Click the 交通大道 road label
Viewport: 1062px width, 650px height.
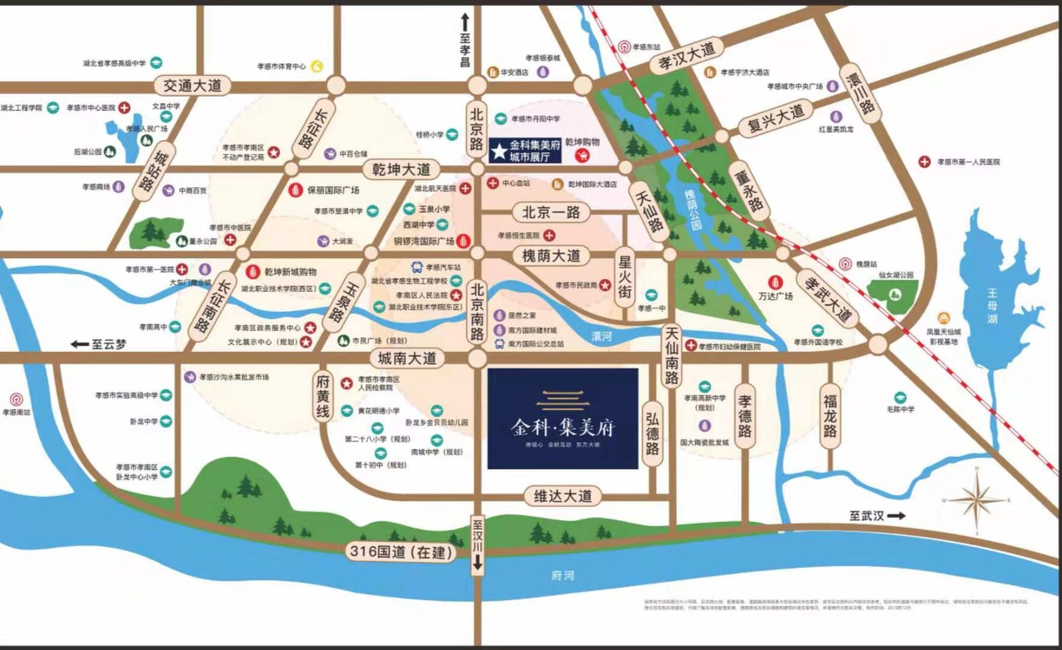[192, 86]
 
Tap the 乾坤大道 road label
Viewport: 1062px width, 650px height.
[401, 170]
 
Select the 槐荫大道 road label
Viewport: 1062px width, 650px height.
[551, 255]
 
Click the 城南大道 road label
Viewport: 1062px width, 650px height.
[407, 359]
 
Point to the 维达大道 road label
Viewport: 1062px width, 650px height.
[563, 496]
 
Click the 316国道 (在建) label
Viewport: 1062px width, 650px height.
[401, 552]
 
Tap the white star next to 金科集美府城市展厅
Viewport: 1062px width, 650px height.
[499, 151]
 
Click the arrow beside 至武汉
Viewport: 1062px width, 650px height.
[896, 515]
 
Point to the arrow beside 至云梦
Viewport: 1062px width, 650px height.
[80, 344]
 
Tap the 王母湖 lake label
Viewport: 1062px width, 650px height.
[992, 306]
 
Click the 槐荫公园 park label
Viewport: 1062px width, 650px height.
[693, 210]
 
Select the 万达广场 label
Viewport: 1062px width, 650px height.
[775, 296]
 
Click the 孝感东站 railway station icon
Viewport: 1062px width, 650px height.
[624, 47]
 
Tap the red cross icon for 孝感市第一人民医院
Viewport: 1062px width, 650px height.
[924, 162]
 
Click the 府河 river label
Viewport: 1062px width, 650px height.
[562, 576]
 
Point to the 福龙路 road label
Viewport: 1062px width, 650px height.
[830, 416]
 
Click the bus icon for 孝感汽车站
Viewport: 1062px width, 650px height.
[417, 267]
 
